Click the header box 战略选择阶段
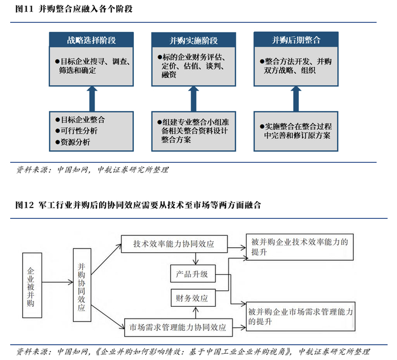pos(91,40)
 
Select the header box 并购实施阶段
pos(193,40)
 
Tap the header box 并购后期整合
pos(295,40)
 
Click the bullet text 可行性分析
pos(79,131)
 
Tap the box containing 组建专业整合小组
pos(193,131)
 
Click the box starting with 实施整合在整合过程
pos(295,131)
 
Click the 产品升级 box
pos(193,274)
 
